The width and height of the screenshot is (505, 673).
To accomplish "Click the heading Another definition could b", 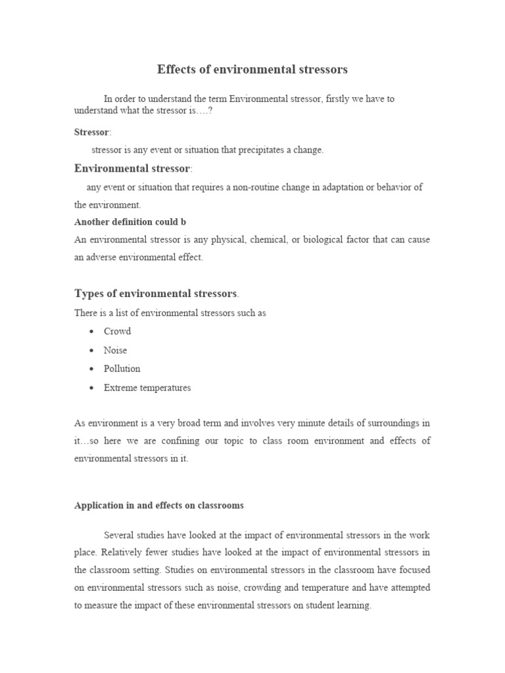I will tap(130, 222).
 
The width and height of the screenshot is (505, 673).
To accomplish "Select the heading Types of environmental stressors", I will tap(155, 293).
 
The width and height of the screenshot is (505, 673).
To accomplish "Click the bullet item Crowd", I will tap(117, 331).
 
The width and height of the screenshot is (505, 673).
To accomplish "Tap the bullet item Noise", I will tap(115, 350).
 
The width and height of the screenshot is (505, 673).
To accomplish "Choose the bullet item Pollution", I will tap(122, 369).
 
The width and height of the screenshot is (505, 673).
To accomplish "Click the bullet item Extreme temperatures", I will tap(147, 388).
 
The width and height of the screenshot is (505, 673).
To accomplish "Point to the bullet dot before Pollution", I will tap(90, 369).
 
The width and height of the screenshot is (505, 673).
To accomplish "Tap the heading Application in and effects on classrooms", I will tap(159, 505).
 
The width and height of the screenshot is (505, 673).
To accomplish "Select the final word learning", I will tap(353, 606).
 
